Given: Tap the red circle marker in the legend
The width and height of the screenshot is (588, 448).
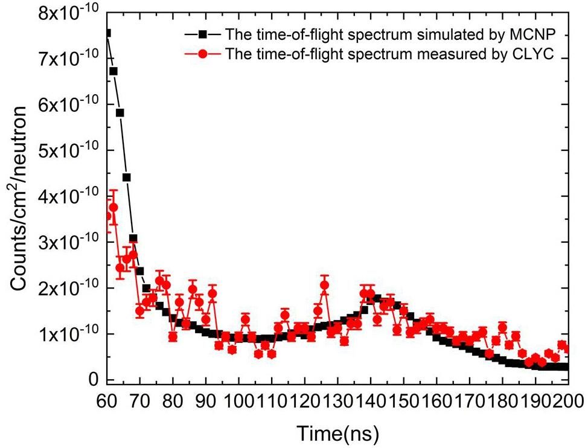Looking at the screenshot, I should coord(205,54).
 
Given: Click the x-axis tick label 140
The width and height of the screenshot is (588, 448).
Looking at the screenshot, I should coord(370,401).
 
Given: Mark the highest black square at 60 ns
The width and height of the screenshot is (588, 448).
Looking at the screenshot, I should coord(107,33).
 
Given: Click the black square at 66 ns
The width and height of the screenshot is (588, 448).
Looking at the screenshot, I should coord(127,178).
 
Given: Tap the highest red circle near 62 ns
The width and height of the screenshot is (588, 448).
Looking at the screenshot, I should coord(113,207).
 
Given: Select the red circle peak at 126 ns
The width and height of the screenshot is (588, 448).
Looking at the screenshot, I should coord(324,286).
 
